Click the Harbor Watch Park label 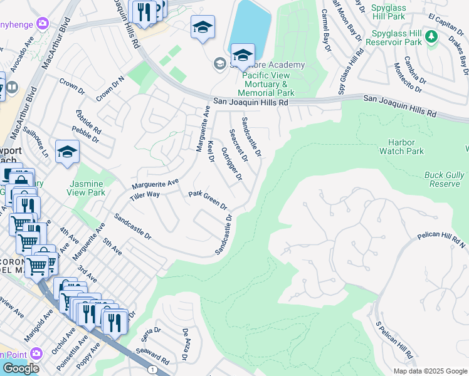coord(401,147)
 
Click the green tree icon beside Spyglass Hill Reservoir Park coord(431,37)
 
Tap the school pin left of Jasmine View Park coord(67,152)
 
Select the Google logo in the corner coord(21,368)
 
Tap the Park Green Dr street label coord(208,201)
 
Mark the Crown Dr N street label coord(110,88)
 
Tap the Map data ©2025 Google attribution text coord(430,371)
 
